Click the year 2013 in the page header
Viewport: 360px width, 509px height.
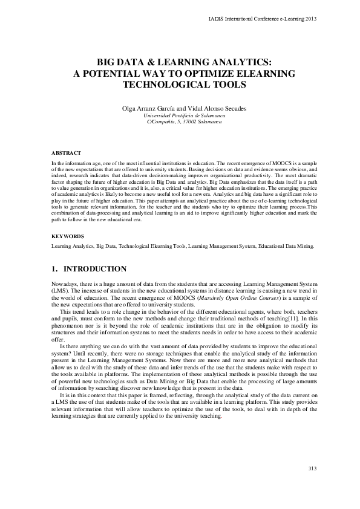pyautogui.click(x=311, y=19)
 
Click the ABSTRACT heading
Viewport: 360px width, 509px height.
pyautogui.click(x=66, y=154)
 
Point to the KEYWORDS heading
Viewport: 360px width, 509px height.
pyautogui.click(x=68, y=236)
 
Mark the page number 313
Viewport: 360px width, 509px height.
pyautogui.click(x=312, y=469)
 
